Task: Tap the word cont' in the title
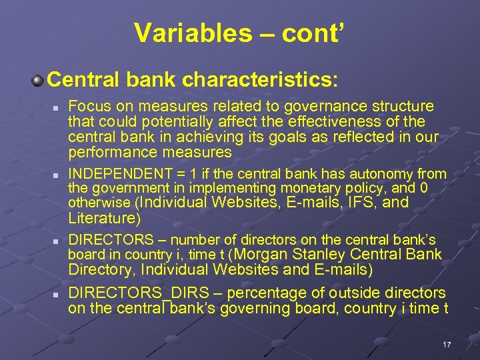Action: (x=313, y=32)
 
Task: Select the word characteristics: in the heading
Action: (x=261, y=80)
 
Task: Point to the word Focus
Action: (x=88, y=107)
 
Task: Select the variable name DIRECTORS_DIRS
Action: (x=138, y=293)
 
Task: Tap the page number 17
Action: (x=447, y=345)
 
